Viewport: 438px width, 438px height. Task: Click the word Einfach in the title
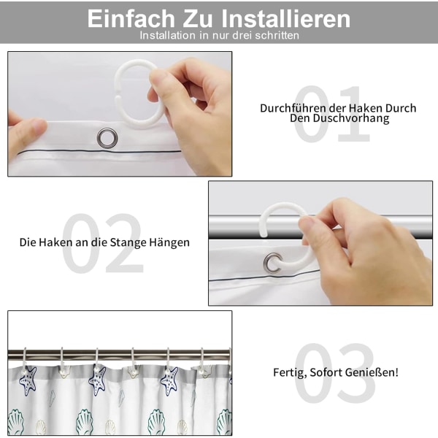click(131, 18)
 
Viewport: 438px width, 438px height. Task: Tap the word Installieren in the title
click(285, 18)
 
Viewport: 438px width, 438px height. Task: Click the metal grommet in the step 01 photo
click(107, 138)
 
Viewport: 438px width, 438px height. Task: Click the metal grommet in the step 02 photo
click(273, 263)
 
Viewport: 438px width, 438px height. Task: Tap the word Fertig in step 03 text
click(290, 372)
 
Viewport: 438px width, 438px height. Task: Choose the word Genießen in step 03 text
click(372, 372)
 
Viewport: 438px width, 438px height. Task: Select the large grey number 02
click(102, 243)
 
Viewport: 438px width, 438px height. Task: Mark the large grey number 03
click(334, 372)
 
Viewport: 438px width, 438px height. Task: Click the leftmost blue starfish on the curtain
click(28, 381)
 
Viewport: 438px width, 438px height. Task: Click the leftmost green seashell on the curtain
click(15, 423)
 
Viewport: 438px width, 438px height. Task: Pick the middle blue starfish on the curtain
click(97, 381)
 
